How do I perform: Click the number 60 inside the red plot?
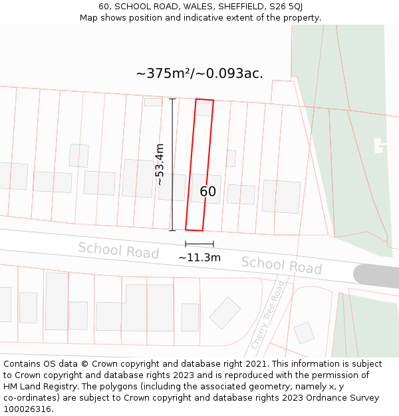[208, 192]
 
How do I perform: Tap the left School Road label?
[118, 250]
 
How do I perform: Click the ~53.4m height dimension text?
[160, 164]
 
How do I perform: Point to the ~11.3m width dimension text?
[199, 258]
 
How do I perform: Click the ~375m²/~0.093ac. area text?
[199, 73]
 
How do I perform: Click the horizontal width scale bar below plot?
[199, 244]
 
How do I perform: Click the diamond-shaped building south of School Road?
[225, 313]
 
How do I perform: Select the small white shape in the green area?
[380, 145]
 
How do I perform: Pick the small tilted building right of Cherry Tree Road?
[304, 333]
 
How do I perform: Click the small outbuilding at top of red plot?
[204, 109]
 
